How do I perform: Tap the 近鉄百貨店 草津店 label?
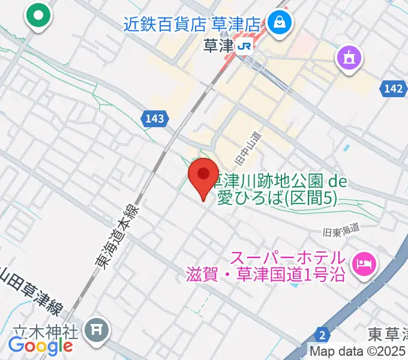click(x=192, y=25)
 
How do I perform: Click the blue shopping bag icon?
click(x=280, y=23)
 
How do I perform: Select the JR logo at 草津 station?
click(x=244, y=46)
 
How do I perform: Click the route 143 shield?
click(x=155, y=119)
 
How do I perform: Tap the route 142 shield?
click(x=392, y=89)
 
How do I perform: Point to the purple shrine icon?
click(x=349, y=58)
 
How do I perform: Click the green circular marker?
click(x=40, y=16)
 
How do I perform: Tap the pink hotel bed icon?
click(x=363, y=263)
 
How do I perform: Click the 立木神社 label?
click(x=47, y=331)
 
